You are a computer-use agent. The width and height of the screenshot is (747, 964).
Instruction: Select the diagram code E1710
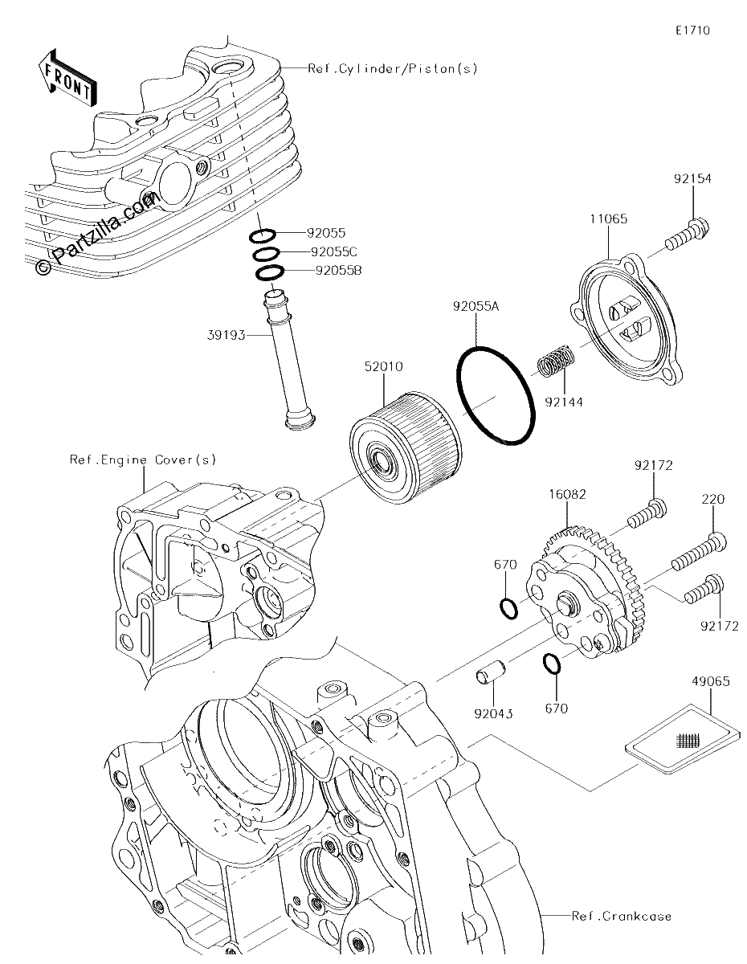point(692,31)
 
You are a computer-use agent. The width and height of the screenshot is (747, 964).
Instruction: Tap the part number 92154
point(692,179)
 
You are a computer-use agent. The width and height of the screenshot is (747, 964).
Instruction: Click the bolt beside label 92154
point(687,235)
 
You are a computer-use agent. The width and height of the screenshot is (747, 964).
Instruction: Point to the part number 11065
point(609,219)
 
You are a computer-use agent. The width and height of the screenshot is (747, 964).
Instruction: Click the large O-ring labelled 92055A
point(496,394)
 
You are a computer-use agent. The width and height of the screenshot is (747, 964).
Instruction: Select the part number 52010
point(384,366)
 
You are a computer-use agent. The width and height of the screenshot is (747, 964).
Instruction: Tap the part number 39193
point(227,335)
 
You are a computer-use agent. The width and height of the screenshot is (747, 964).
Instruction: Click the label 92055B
point(338,270)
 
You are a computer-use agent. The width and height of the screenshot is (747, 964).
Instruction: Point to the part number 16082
point(567,494)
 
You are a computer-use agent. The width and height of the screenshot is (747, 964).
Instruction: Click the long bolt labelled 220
point(699,553)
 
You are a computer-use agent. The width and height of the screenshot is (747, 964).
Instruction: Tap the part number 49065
point(711,681)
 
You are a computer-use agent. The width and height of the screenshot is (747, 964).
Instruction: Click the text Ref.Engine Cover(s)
point(143,460)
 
